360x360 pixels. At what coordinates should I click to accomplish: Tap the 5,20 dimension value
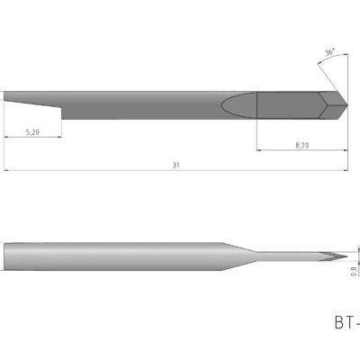coord(32,131)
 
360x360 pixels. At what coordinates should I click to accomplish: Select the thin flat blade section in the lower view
coord(288,256)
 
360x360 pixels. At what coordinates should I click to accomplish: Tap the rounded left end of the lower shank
coord(6,256)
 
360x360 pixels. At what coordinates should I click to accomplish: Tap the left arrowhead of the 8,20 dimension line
coord(260,148)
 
